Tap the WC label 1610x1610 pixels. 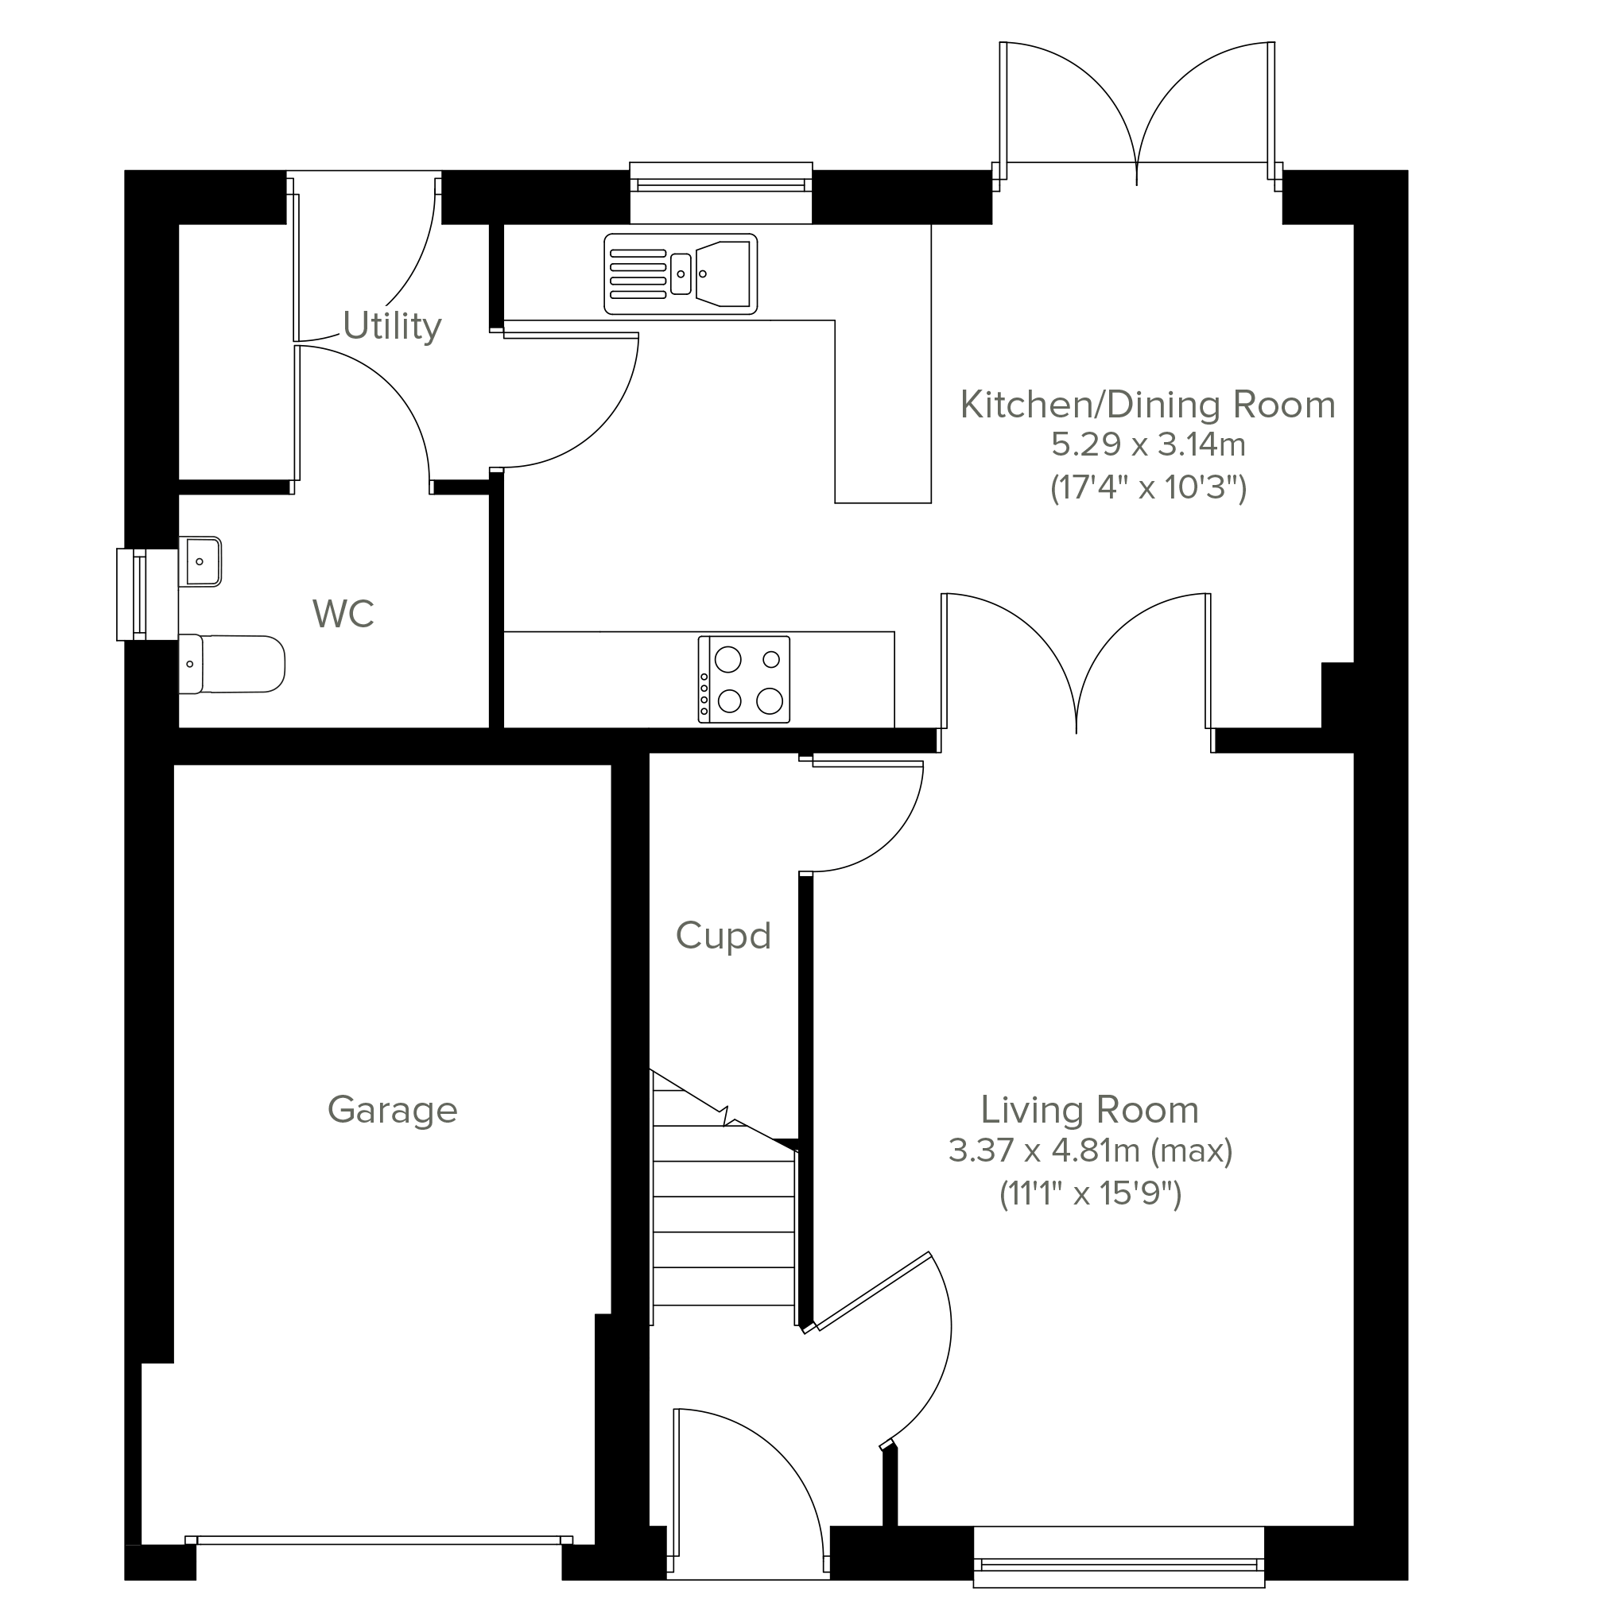tap(343, 613)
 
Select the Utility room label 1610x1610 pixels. tap(392, 326)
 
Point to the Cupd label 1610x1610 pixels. tap(724, 936)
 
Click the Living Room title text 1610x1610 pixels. tap(1090, 1110)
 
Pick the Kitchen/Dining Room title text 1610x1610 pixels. tap(1148, 405)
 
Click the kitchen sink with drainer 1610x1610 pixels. tap(681, 274)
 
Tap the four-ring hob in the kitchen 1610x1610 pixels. tap(744, 679)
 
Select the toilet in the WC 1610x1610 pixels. tap(231, 664)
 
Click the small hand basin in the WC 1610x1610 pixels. tap(200, 561)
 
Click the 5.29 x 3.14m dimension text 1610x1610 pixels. tap(1148, 445)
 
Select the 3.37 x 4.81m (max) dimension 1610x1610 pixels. tap(1090, 1150)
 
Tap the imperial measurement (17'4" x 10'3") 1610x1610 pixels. tap(1148, 487)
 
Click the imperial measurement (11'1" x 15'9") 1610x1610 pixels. tap(1090, 1194)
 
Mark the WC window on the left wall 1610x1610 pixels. tap(132, 594)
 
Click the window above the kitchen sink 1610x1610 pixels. tap(721, 192)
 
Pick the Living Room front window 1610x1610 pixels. tap(1119, 1557)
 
